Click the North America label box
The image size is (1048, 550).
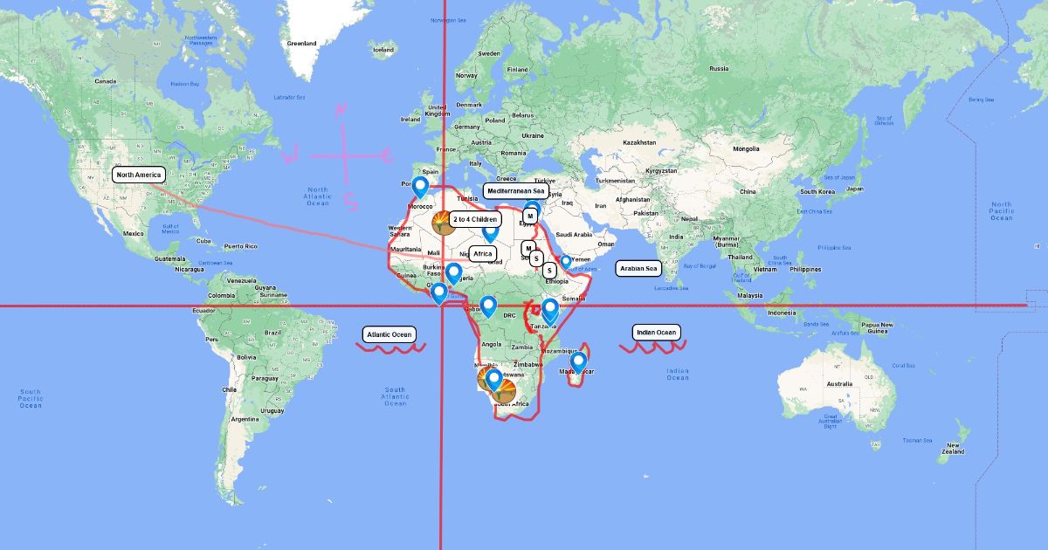point(139,175)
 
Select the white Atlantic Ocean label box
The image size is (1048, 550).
point(389,333)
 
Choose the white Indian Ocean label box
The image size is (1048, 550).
point(655,332)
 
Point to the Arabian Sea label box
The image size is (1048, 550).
point(638,269)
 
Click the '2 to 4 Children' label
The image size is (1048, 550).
point(475,219)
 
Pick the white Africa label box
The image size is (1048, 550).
point(483,254)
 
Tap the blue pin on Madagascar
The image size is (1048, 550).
point(577,361)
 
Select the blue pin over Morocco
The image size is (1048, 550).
point(420,186)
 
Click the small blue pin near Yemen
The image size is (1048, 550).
point(565,260)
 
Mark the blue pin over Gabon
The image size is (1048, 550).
point(488,306)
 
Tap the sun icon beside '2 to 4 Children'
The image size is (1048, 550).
point(442,223)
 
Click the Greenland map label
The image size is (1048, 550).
point(302,43)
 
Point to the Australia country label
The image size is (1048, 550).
point(839,384)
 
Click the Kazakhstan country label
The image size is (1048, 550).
point(639,142)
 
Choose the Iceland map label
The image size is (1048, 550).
point(383,50)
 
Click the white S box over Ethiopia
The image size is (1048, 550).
point(549,271)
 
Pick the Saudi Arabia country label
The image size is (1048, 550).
point(573,234)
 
